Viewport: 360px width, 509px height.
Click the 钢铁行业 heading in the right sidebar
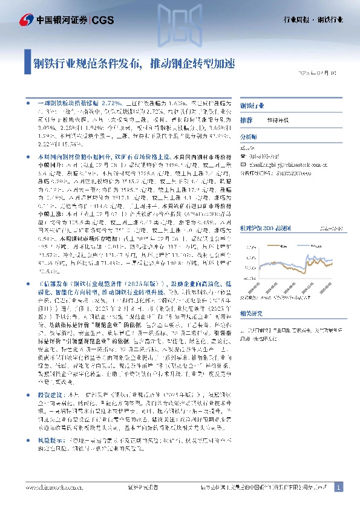(252, 105)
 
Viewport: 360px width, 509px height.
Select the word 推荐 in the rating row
(246, 120)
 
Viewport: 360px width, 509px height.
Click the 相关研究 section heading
(251, 313)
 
